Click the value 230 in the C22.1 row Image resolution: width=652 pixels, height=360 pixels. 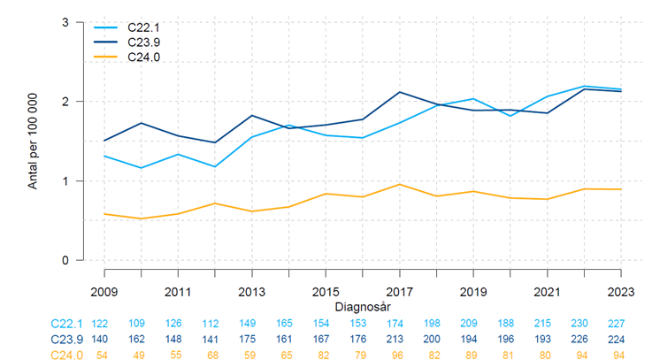pyautogui.click(x=584, y=323)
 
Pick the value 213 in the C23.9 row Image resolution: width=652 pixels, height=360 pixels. pyautogui.click(x=400, y=339)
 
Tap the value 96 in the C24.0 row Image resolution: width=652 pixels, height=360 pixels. pyautogui.click(x=400, y=354)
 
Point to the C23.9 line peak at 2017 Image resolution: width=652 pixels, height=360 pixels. pyautogui.click(x=400, y=92)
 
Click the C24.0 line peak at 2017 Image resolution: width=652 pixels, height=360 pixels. pyautogui.click(x=400, y=184)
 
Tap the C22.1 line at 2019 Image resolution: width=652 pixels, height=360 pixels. pyautogui.click(x=473, y=99)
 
